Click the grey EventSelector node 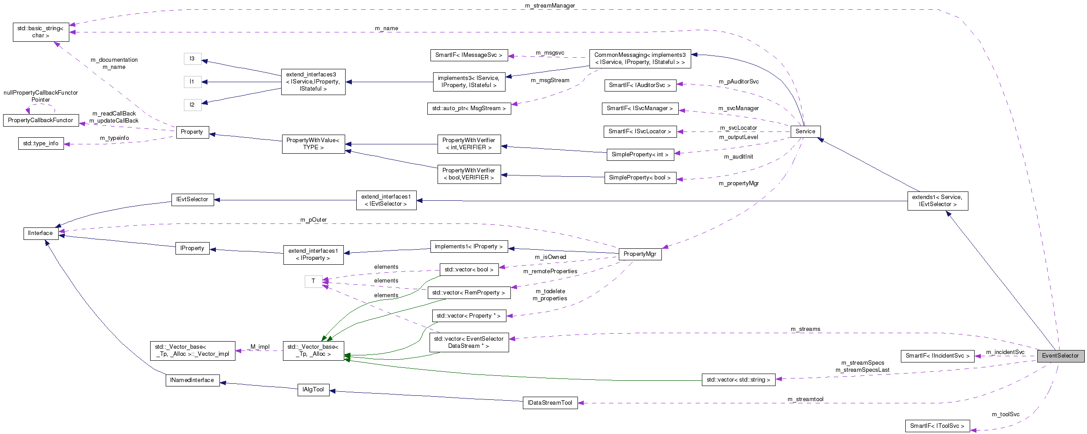[1060, 356]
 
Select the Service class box [805, 131]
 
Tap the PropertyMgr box [640, 254]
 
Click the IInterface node [40, 233]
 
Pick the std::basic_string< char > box [41, 32]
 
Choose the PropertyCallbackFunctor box [40, 120]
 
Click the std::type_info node [41, 143]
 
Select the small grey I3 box [192, 59]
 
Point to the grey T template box [313, 281]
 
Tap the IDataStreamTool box [550, 403]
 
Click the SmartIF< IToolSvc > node [937, 426]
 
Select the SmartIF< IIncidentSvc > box [937, 356]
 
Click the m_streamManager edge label [550, 6]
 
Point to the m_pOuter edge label [313, 220]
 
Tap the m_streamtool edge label [805, 399]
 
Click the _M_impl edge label [259, 347]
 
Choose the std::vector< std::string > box [738, 380]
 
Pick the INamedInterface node [192, 380]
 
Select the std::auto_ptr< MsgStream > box [469, 108]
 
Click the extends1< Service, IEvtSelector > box [937, 201]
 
